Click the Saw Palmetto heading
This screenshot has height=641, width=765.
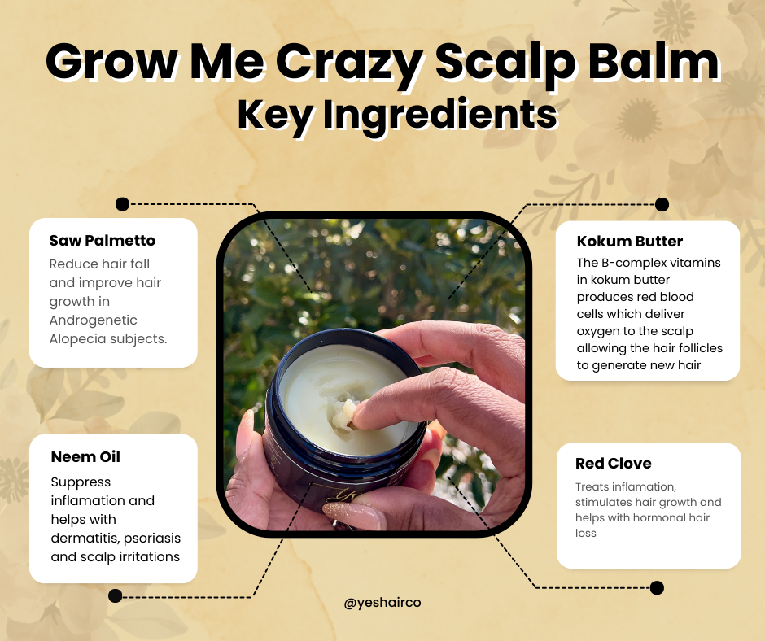pyautogui.click(x=102, y=240)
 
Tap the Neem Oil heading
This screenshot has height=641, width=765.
pyautogui.click(x=85, y=457)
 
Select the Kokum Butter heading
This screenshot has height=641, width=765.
pyautogui.click(x=629, y=242)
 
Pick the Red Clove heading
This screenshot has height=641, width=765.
pyautogui.click(x=613, y=464)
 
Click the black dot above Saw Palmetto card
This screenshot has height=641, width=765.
pyautogui.click(x=122, y=204)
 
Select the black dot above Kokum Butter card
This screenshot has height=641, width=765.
pyautogui.click(x=662, y=204)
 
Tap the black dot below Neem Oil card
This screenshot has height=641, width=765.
pyautogui.click(x=116, y=596)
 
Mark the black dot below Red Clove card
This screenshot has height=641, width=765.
pyautogui.click(x=657, y=587)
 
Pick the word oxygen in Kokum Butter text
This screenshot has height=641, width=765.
pyautogui.click(x=601, y=331)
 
